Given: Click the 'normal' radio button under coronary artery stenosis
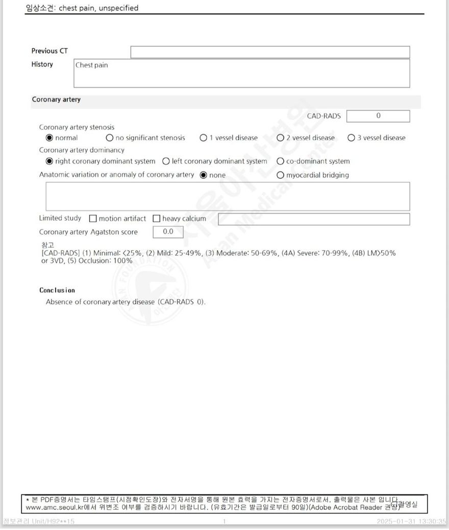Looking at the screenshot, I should click(x=49, y=138).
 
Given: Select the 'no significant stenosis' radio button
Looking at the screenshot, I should click(x=110, y=138).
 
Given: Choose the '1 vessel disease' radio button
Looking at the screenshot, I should click(x=204, y=138).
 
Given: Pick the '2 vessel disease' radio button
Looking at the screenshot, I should click(x=280, y=138).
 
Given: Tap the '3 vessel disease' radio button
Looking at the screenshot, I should click(x=351, y=138).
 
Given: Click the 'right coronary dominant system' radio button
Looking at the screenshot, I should click(x=49, y=161).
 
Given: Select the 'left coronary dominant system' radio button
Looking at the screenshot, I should click(x=166, y=161).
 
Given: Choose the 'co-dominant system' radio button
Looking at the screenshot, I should click(x=280, y=161).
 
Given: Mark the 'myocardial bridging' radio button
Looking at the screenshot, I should click(x=280, y=175).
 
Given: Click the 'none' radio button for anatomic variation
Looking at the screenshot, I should click(x=204, y=175).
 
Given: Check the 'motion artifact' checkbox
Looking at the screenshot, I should click(x=93, y=219).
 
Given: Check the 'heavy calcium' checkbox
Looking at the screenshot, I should click(x=157, y=219).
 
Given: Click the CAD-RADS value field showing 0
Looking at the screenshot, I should click(x=378, y=116).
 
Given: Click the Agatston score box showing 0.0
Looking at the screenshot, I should click(x=168, y=232).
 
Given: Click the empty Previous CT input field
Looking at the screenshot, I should click(x=270, y=52).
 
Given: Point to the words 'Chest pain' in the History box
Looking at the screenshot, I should click(x=92, y=65).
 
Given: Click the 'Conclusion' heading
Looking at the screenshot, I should click(x=57, y=290).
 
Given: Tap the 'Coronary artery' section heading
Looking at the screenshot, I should click(x=56, y=99).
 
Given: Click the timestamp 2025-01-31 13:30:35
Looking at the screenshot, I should click(x=411, y=521).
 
